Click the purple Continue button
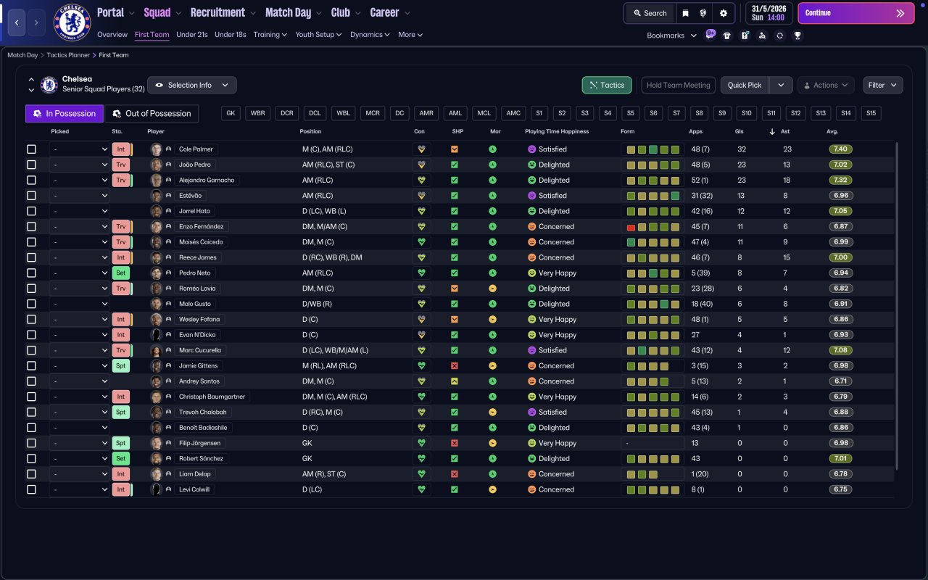pyautogui.click(x=856, y=13)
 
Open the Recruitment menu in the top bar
pyautogui.click(x=223, y=13)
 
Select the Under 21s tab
pyautogui.click(x=192, y=35)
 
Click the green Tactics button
pyautogui.click(x=607, y=85)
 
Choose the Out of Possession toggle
pyautogui.click(x=152, y=114)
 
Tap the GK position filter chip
pyautogui.click(x=231, y=113)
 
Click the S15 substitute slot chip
pyautogui.click(x=871, y=113)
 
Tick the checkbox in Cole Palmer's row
pyautogui.click(x=31, y=149)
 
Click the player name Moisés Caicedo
pyautogui.click(x=201, y=242)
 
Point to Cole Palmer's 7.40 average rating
pyautogui.click(x=840, y=149)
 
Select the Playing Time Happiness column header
pyautogui.click(x=557, y=131)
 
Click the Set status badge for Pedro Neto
pyautogui.click(x=120, y=273)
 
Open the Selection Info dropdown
pyautogui.click(x=192, y=85)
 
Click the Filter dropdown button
pyautogui.click(x=882, y=85)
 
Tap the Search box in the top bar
pyautogui.click(x=650, y=13)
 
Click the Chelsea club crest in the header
pyautogui.click(x=72, y=22)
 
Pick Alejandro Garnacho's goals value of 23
pyautogui.click(x=742, y=181)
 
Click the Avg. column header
pyautogui.click(x=832, y=131)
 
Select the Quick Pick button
pyautogui.click(x=745, y=85)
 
